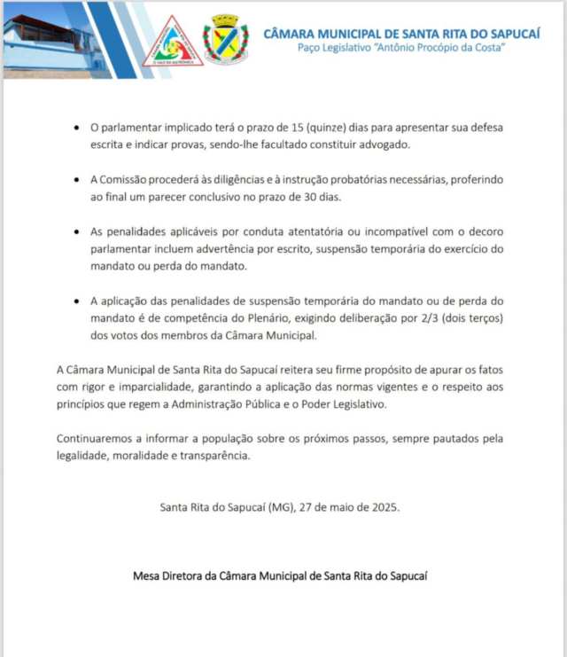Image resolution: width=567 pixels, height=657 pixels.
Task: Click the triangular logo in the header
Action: coord(174,42)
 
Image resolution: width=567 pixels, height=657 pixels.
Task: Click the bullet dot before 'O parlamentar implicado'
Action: coord(78,129)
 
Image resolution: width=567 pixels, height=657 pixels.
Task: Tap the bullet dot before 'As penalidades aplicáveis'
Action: coord(78,232)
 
